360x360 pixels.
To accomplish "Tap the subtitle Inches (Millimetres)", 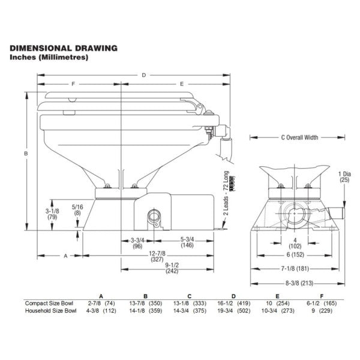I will (x=50, y=58).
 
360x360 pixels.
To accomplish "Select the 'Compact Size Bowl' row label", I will (x=47, y=303).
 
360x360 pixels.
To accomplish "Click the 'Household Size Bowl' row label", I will (x=50, y=311).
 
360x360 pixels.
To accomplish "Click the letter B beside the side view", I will (x=26, y=154).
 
